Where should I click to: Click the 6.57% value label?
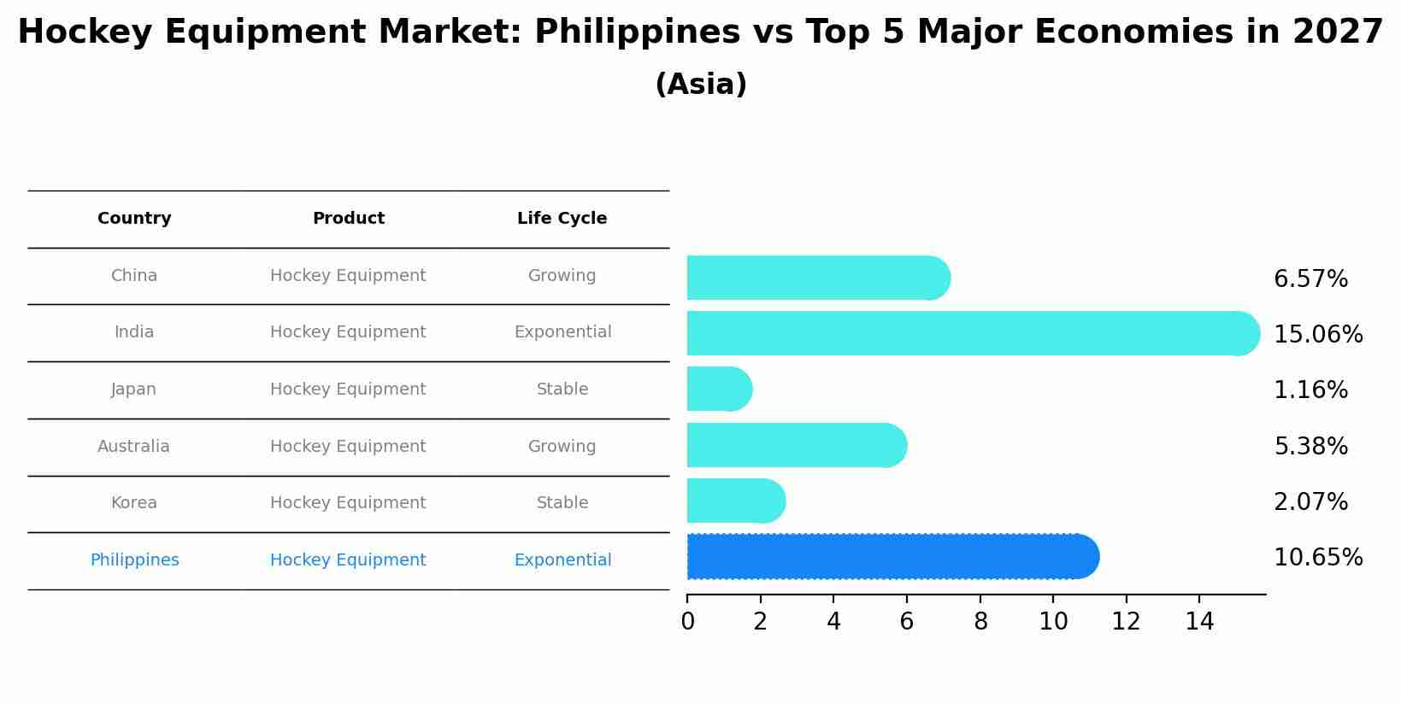(1310, 279)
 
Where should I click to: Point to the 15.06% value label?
(1317, 335)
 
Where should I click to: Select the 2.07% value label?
(1310, 502)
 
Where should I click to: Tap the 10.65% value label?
(1317, 558)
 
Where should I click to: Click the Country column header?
(134, 219)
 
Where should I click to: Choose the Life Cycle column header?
(562, 219)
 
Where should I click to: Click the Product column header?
(348, 219)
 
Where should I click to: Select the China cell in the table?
(134, 276)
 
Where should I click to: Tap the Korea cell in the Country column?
(134, 503)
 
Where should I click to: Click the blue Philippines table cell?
(134, 560)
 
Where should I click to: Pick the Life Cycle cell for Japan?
(562, 390)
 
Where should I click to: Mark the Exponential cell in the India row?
(562, 332)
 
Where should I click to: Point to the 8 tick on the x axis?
(980, 622)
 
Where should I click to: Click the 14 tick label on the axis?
(1199, 622)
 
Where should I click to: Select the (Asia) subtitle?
(700, 85)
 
